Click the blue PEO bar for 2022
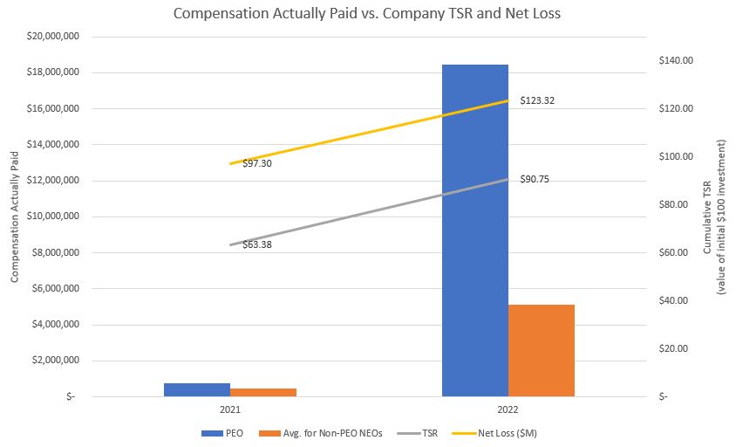click(474, 230)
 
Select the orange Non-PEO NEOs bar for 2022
click(541, 350)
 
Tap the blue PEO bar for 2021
click(197, 389)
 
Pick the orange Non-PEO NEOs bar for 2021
click(263, 392)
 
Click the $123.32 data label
click(537, 100)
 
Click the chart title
click(367, 14)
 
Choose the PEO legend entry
click(227, 432)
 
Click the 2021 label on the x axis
click(230, 409)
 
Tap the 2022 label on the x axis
click(508, 409)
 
